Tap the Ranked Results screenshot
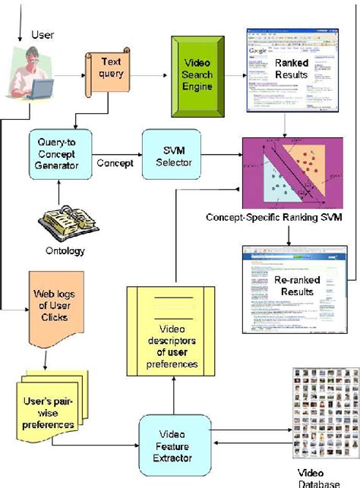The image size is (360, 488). coord(279,70)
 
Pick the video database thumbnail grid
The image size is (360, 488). coord(325,406)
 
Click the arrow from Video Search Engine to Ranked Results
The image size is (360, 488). coord(230,76)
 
